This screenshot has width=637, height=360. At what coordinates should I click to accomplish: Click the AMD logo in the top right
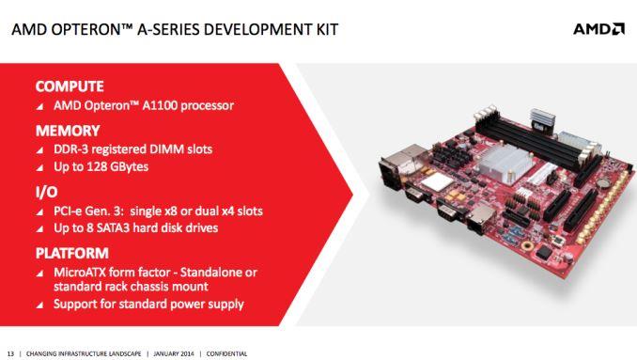tap(598, 29)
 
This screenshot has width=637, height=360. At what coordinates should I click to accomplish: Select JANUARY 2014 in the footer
tap(174, 353)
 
